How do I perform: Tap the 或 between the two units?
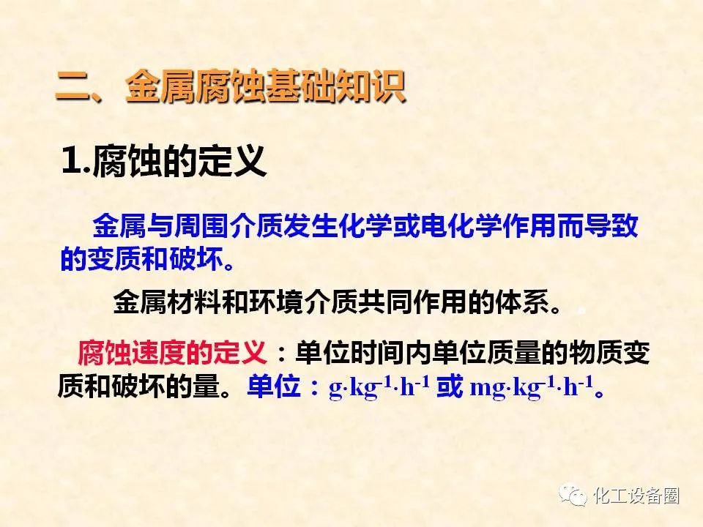click(x=450, y=386)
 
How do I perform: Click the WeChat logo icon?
click(x=573, y=496)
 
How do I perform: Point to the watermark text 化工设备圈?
click(x=636, y=496)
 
